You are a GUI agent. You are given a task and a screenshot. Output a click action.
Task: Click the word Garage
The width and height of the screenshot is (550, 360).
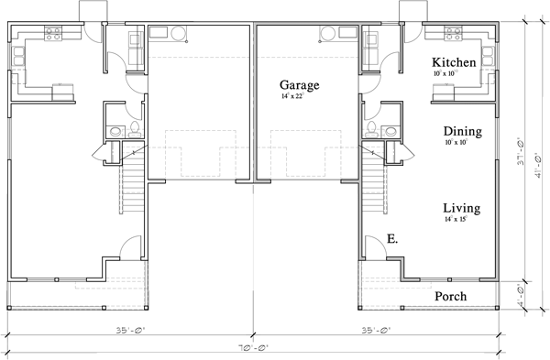(300, 85)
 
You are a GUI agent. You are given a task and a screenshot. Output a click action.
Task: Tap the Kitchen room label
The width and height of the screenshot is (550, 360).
(454, 62)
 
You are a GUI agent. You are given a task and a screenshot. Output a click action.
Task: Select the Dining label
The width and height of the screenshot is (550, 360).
(462, 132)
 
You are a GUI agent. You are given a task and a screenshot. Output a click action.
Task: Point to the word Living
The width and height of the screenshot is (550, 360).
(461, 208)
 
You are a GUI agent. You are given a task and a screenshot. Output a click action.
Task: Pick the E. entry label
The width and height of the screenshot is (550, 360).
(391, 238)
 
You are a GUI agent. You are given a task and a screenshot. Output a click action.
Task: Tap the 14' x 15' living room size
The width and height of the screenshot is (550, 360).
(461, 220)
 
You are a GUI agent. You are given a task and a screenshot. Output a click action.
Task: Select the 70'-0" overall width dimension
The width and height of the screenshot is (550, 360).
(254, 348)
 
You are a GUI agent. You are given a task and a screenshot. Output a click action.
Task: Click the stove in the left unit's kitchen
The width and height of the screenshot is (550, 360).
(53, 37)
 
